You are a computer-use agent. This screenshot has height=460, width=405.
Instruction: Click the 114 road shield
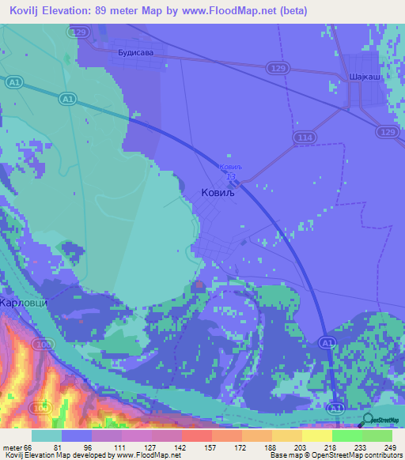[x=306, y=138]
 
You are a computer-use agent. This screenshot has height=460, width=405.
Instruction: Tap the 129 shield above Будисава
[x=77, y=32]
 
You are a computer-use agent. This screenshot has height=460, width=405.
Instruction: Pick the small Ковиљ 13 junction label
[x=229, y=172]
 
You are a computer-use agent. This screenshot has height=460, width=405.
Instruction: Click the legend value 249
[x=388, y=447]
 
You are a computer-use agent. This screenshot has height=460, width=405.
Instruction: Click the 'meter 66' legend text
[x=17, y=447]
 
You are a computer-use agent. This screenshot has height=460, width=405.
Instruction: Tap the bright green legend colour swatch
[x=346, y=435]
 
